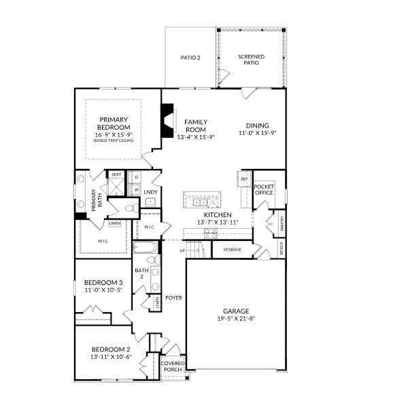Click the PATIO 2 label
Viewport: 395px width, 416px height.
(x=190, y=58)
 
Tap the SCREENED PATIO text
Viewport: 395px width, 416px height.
(x=251, y=60)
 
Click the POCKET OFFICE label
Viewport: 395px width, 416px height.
(x=263, y=189)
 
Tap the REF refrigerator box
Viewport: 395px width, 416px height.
(x=244, y=179)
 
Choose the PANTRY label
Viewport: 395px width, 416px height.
(x=278, y=222)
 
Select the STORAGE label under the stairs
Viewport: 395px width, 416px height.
(x=232, y=250)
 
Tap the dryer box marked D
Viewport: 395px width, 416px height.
(x=136, y=177)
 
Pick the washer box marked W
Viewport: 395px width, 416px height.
(x=136, y=189)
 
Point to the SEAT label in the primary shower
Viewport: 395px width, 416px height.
(x=116, y=174)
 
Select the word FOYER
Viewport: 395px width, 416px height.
(x=173, y=297)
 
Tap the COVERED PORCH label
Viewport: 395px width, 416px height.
(x=173, y=366)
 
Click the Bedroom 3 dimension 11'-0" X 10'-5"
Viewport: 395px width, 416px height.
(x=103, y=290)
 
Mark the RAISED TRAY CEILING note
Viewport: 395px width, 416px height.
(x=114, y=140)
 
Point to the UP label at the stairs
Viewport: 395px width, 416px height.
(x=182, y=250)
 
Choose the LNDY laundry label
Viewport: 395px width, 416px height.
(x=151, y=192)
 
